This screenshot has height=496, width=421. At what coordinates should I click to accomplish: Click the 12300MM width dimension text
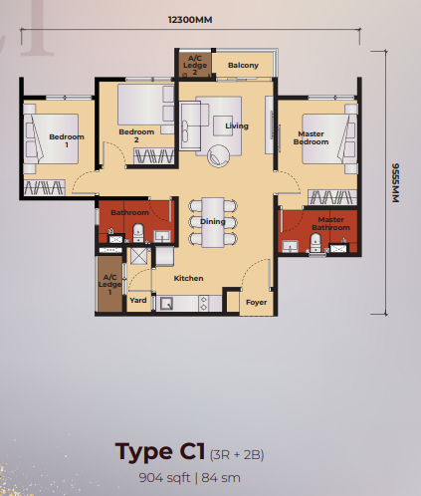click(191, 19)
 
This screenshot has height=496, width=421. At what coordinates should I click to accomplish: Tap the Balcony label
click(243, 66)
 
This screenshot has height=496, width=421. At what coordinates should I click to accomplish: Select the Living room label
click(237, 126)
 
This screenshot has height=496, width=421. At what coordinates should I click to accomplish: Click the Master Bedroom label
click(311, 138)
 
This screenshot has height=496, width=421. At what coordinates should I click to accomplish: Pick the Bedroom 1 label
click(67, 140)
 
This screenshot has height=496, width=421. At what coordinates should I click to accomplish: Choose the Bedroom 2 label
click(136, 134)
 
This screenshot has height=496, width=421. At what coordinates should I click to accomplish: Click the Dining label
click(213, 221)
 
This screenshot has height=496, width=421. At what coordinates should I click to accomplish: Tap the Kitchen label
click(189, 279)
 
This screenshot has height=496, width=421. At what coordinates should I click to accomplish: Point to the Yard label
click(138, 300)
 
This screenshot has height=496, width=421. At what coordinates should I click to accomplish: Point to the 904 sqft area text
click(173, 476)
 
